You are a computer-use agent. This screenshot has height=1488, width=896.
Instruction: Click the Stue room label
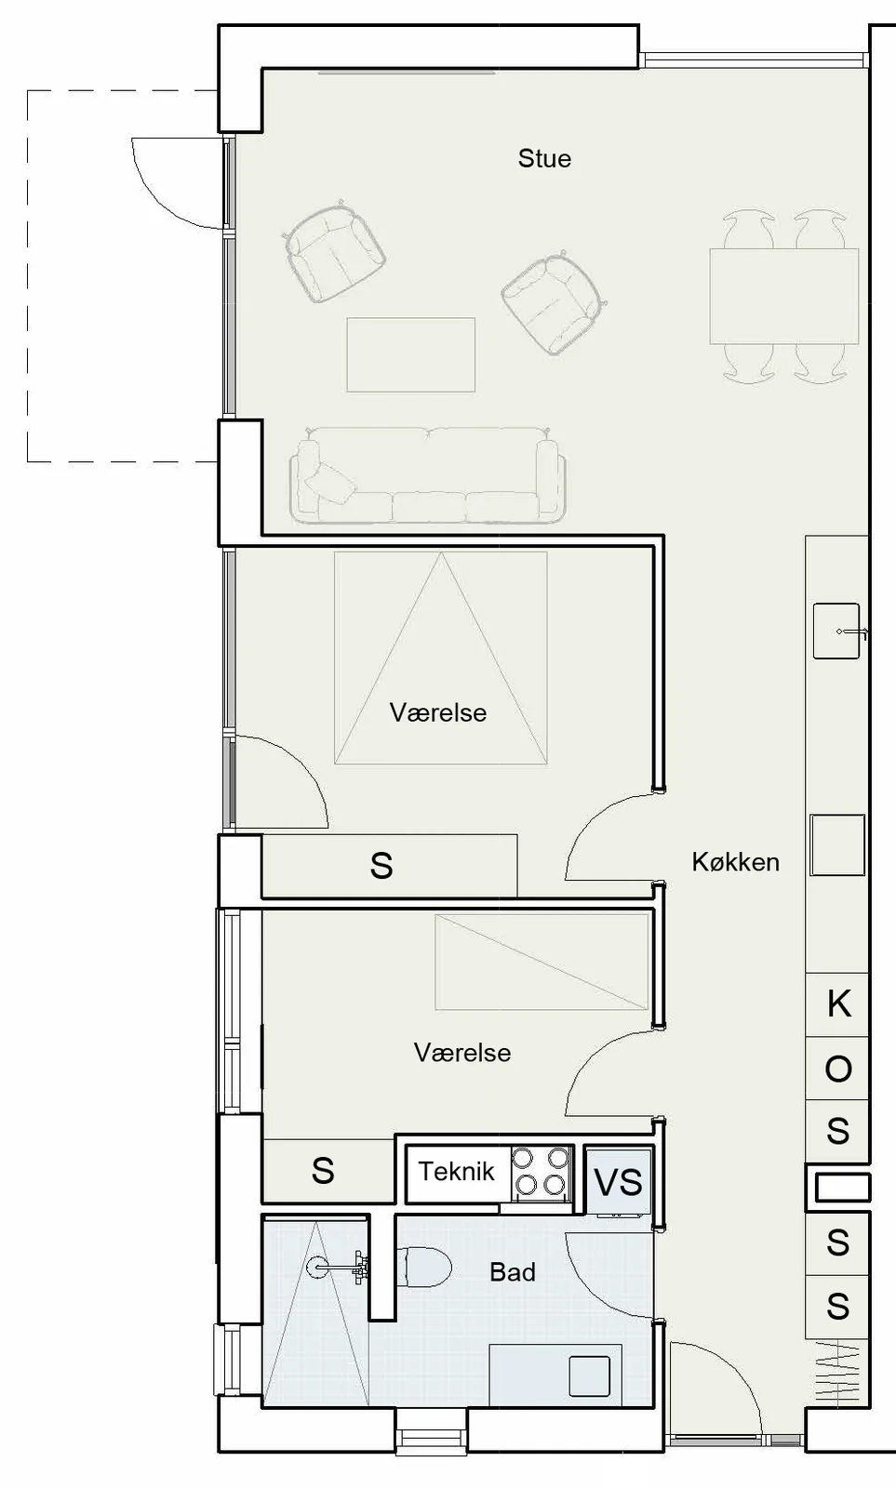click(544, 159)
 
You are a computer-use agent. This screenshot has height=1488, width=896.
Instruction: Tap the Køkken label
click(736, 861)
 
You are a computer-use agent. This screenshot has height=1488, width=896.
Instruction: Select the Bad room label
click(513, 1272)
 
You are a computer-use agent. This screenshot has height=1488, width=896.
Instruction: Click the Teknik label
click(457, 1171)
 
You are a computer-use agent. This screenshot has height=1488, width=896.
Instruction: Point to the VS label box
click(618, 1182)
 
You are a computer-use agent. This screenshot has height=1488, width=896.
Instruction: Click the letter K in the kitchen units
click(839, 1003)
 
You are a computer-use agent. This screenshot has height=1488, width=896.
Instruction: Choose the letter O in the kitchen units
click(838, 1069)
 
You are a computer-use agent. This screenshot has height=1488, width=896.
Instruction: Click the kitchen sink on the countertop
click(836, 631)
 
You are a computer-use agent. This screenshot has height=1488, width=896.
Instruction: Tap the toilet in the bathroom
click(424, 1267)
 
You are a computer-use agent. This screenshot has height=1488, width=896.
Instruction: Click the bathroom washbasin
click(590, 1375)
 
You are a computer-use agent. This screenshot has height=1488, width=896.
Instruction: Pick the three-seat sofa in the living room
click(428, 474)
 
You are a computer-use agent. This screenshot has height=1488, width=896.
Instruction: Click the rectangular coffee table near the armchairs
click(410, 354)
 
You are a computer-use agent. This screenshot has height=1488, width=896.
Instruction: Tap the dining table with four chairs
click(784, 297)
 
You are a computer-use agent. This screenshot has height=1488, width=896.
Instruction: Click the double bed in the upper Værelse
click(441, 658)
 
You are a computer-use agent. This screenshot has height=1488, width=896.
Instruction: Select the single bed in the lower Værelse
click(542, 962)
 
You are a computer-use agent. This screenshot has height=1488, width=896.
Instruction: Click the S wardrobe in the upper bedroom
click(390, 866)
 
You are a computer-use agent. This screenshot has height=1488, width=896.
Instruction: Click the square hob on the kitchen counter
click(837, 845)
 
